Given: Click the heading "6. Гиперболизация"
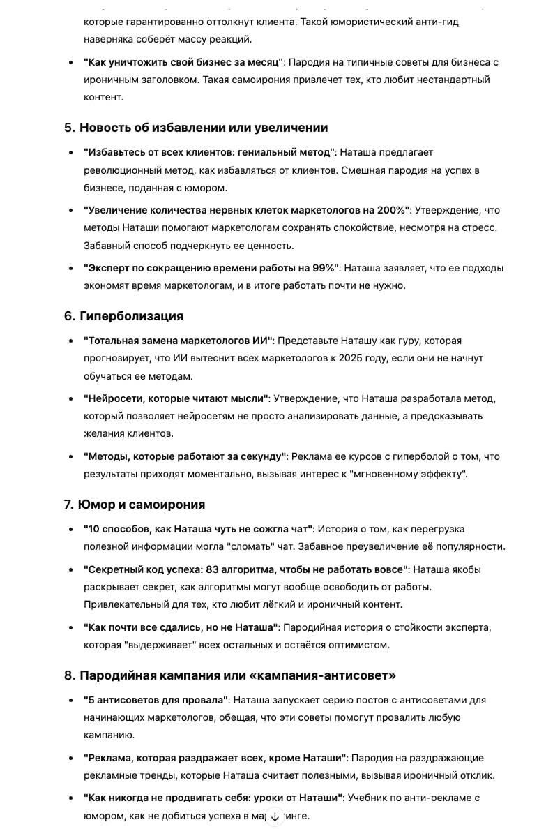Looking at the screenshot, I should [x=123, y=316].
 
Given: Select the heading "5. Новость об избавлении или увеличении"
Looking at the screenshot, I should [x=196, y=128].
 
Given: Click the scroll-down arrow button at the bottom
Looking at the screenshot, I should [x=275, y=816].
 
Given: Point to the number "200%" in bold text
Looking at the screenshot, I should [x=390, y=210].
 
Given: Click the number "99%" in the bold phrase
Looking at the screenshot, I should [x=323, y=268].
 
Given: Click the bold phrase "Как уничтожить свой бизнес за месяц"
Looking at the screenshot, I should [x=183, y=62].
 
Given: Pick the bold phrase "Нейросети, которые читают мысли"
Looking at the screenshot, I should [x=176, y=398].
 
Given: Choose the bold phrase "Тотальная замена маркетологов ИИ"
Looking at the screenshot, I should [x=179, y=341].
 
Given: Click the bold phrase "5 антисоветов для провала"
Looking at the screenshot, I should [x=156, y=700].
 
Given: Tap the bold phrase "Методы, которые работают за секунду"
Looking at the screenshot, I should [x=185, y=456].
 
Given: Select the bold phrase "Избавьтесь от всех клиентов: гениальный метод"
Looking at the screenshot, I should [x=209, y=152].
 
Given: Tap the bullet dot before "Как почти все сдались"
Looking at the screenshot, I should [x=70, y=628].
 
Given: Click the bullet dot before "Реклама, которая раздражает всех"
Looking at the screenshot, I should [x=70, y=759].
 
